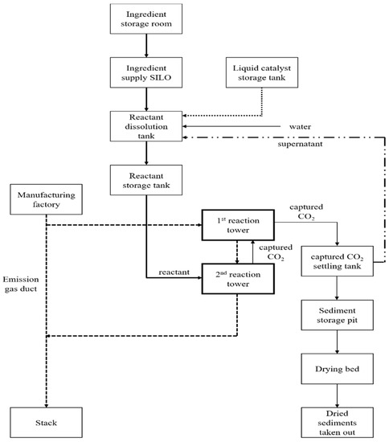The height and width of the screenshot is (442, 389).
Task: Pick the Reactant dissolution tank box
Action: (145, 126)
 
